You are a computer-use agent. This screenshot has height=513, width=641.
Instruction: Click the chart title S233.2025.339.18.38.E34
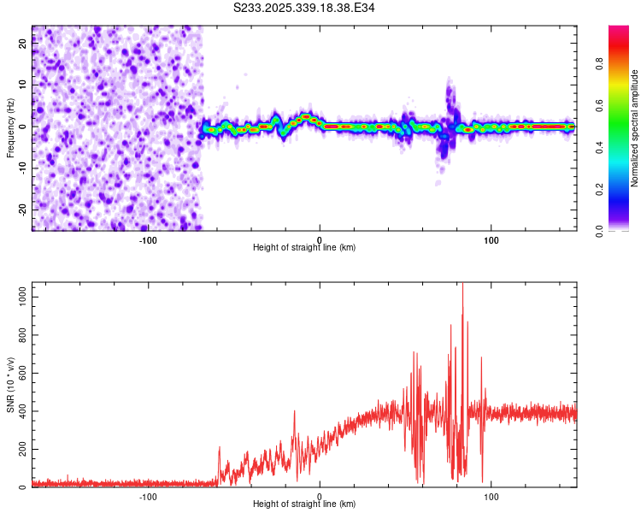tap(304, 8)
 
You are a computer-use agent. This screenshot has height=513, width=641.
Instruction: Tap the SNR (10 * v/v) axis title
tap(10, 385)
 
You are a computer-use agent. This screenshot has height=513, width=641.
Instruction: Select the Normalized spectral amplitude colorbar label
tap(635, 128)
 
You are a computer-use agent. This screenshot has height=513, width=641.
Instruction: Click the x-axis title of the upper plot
tap(304, 247)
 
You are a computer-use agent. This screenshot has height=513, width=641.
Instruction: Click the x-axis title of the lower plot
tap(304, 504)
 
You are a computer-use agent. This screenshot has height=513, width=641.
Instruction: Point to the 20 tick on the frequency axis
tap(22, 45)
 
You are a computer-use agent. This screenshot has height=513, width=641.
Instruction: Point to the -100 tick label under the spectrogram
tap(148, 239)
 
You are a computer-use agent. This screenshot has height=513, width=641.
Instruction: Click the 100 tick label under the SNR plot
tap(491, 495)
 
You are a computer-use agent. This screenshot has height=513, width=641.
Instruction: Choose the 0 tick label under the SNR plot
tap(320, 495)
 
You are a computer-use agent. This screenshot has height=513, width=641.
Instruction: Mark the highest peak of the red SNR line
tap(462, 286)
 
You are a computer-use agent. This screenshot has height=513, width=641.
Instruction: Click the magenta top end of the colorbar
tap(619, 29)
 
